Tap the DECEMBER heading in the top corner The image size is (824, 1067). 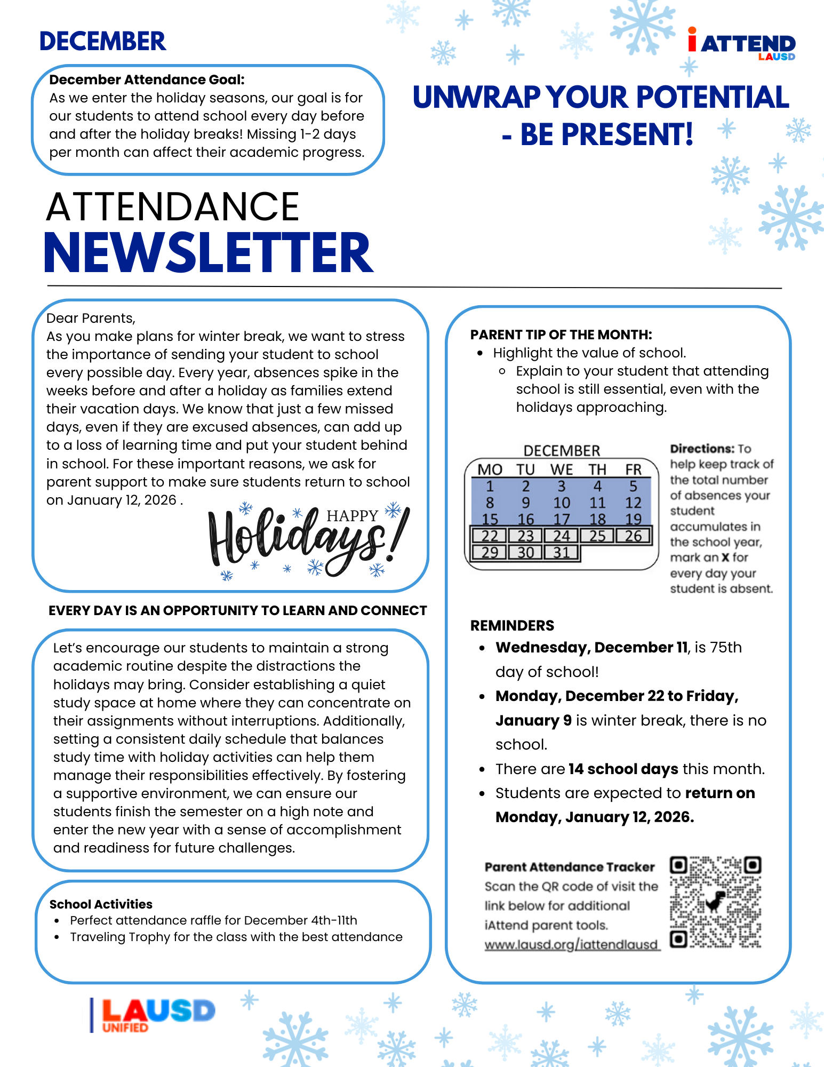click(102, 42)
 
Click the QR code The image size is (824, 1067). click(715, 902)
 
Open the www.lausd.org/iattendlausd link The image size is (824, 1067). click(572, 944)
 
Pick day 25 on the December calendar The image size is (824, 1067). click(597, 536)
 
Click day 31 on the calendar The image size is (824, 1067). click(561, 552)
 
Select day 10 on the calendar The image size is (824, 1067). click(561, 503)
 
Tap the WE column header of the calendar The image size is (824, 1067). click(561, 469)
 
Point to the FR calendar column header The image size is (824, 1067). click(633, 469)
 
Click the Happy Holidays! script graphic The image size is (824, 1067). click(308, 540)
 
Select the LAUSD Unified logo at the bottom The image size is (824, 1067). click(154, 1015)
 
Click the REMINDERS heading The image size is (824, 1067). click(512, 625)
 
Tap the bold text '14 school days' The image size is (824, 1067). click(623, 769)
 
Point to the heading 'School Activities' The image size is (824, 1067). click(101, 904)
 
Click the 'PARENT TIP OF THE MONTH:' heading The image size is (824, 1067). click(561, 335)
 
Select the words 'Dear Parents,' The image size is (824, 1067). click(91, 318)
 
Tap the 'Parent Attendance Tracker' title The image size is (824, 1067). click(569, 867)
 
